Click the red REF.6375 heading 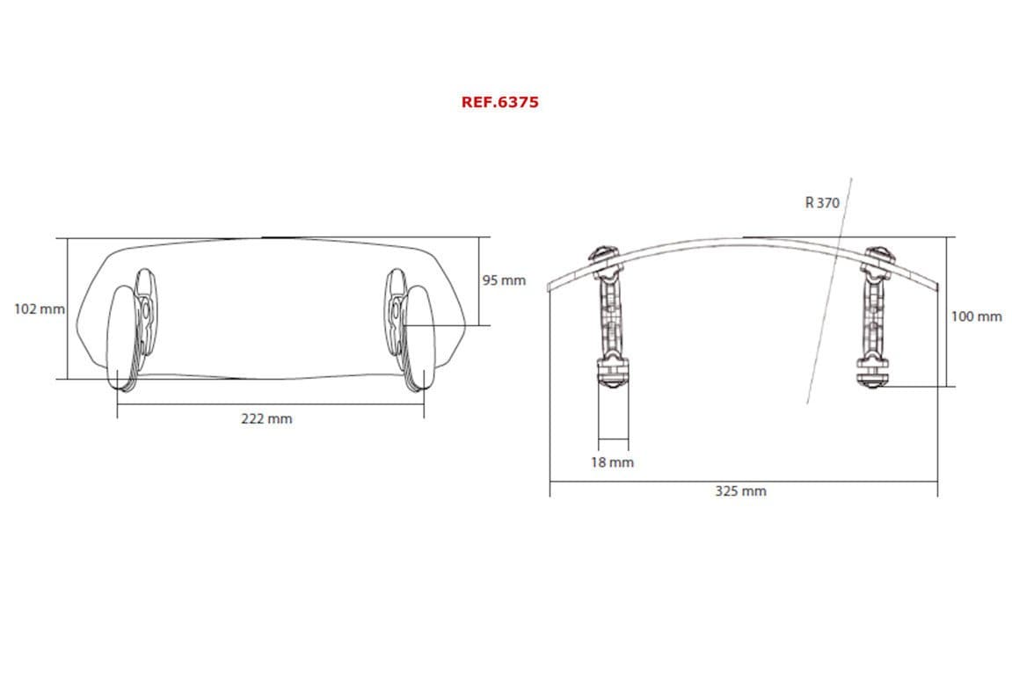[499, 102]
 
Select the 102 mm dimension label [40, 309]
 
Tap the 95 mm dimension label [504, 280]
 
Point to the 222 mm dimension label [266, 419]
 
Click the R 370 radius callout [822, 203]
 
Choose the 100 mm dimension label [976, 316]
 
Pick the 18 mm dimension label [612, 462]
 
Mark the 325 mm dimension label [740, 491]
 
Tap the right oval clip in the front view [419, 334]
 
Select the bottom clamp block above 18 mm [614, 373]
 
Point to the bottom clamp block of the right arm [875, 373]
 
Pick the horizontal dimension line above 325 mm [743, 481]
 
